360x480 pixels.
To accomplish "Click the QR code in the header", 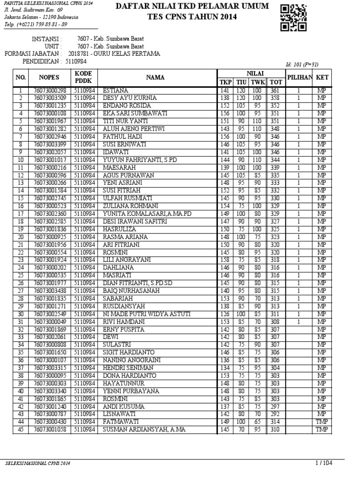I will [294, 17].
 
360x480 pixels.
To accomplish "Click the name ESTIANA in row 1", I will [116, 90].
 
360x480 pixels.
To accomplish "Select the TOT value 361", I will [275, 90].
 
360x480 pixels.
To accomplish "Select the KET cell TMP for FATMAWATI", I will [322, 422].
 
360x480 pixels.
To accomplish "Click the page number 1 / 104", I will [323, 463].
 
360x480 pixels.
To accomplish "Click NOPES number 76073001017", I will [49, 159].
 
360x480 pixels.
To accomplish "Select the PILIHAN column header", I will [299, 76].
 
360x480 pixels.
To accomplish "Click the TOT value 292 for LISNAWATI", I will [275, 414].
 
